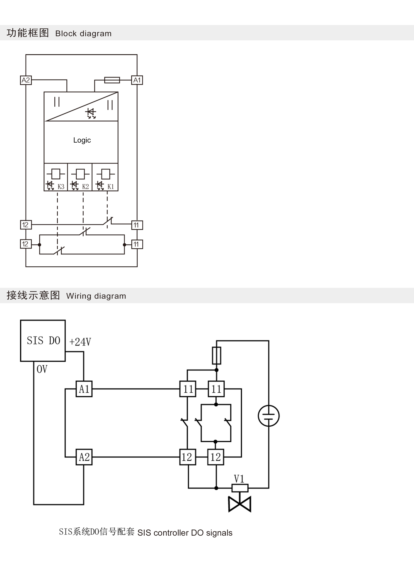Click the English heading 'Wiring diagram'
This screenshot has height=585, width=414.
[96, 296]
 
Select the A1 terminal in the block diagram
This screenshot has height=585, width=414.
[137, 80]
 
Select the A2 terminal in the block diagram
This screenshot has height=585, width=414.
[26, 80]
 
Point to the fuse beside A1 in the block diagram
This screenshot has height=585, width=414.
[112, 80]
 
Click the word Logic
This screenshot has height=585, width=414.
[82, 140]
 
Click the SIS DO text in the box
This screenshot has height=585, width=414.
[43, 341]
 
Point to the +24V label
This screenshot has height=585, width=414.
[80, 342]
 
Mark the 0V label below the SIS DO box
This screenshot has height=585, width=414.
[42, 369]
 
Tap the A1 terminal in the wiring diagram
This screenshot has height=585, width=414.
[84, 389]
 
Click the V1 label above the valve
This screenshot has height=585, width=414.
[239, 479]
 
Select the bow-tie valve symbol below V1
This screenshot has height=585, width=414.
[240, 504]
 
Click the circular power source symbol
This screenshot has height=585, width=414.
[269, 416]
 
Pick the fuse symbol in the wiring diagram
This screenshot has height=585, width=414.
[217, 355]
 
